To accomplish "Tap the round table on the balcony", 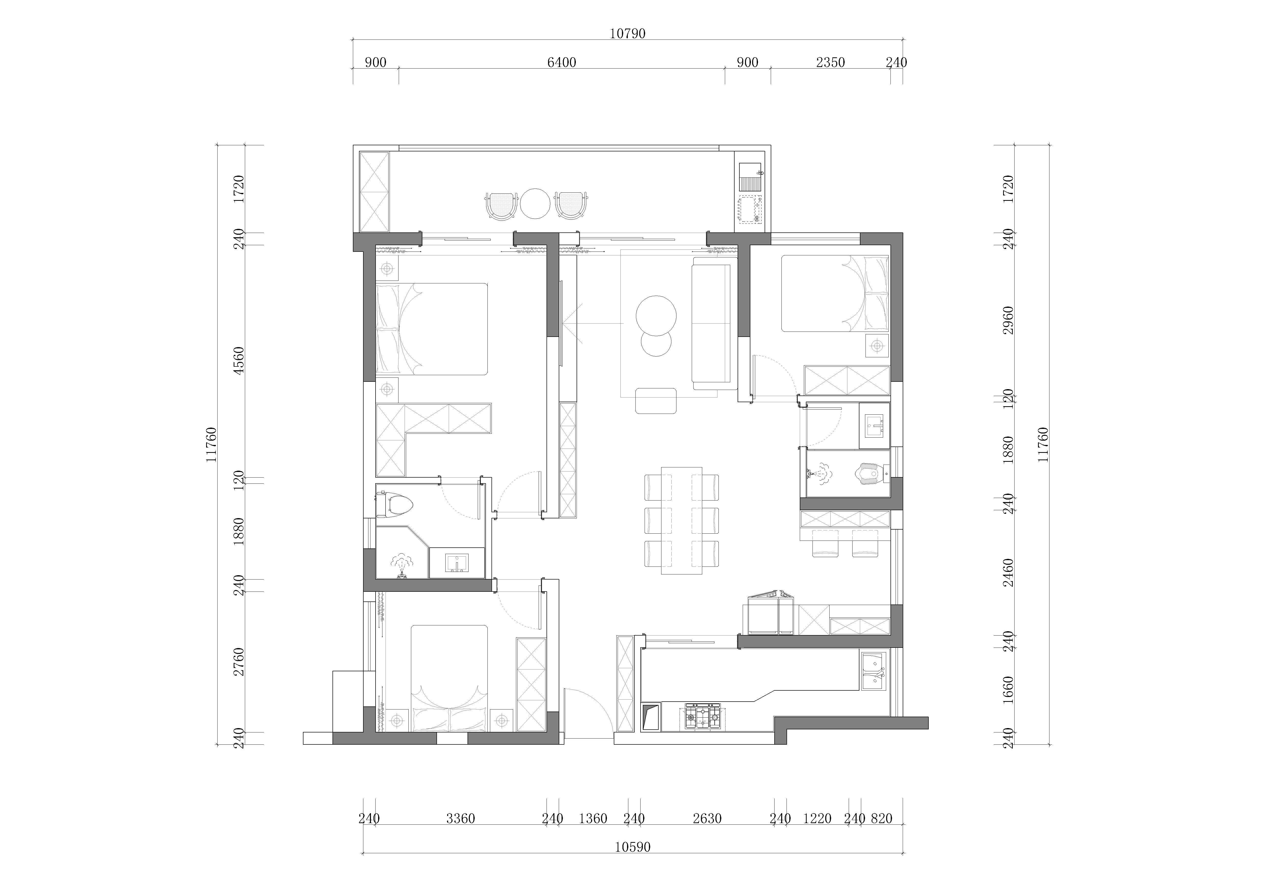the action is coord(535,204).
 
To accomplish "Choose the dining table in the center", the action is coord(682,520).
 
